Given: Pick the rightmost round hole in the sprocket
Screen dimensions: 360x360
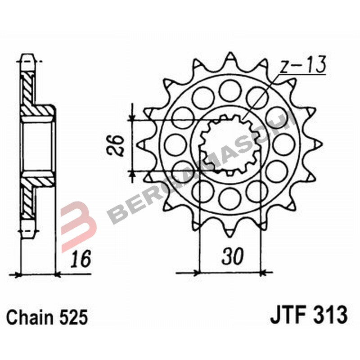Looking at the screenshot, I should [x=284, y=144].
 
